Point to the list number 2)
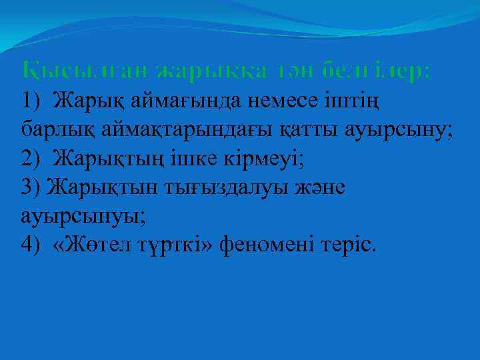pos(32,159)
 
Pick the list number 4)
pos(32,245)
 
